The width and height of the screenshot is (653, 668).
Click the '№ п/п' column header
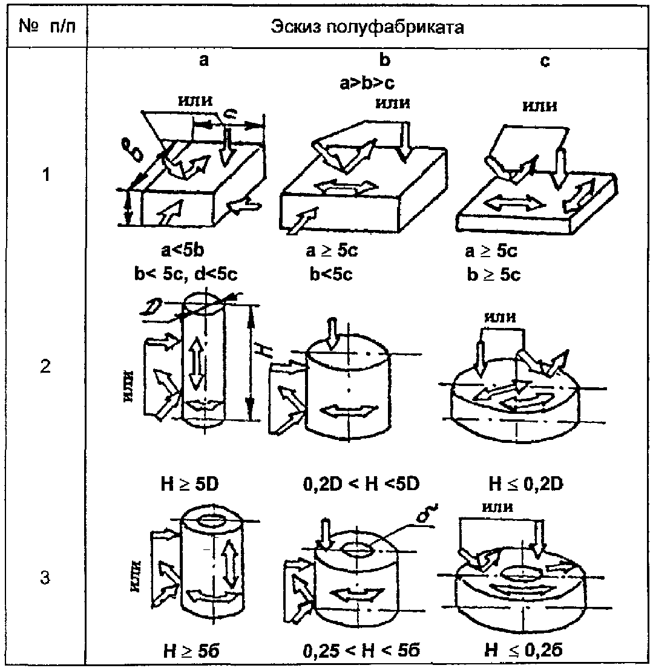coord(47,28)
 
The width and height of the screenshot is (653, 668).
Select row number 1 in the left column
coord(45,178)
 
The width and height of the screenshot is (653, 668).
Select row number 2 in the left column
coord(45,367)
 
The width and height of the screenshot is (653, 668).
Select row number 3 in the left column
coord(45,578)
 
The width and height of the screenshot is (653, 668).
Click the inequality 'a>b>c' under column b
coord(367,83)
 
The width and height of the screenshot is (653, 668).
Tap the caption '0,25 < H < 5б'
coord(361,652)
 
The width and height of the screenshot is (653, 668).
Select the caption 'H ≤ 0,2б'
coord(527,652)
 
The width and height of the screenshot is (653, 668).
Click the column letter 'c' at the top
coord(545,61)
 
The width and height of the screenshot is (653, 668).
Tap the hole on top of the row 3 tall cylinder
coord(212,520)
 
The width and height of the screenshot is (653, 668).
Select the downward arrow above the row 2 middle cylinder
coord(332,332)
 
